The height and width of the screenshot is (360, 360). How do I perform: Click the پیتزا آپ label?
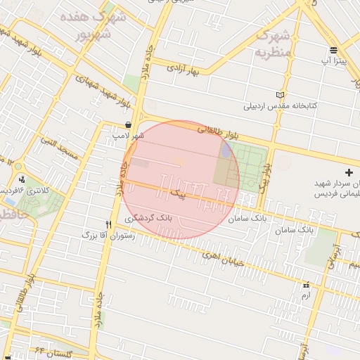coord(333,62)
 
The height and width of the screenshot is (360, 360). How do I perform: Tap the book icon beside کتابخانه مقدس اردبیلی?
coord(281,95)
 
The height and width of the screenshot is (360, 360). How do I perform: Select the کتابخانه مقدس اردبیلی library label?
coord(281,107)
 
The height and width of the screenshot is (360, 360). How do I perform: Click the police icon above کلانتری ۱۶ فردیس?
coord(22,179)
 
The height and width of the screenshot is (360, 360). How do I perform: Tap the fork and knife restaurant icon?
coord(108,224)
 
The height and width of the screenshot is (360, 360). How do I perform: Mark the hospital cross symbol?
coord(349,172)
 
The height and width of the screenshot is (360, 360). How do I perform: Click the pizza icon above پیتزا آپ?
coord(333,50)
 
